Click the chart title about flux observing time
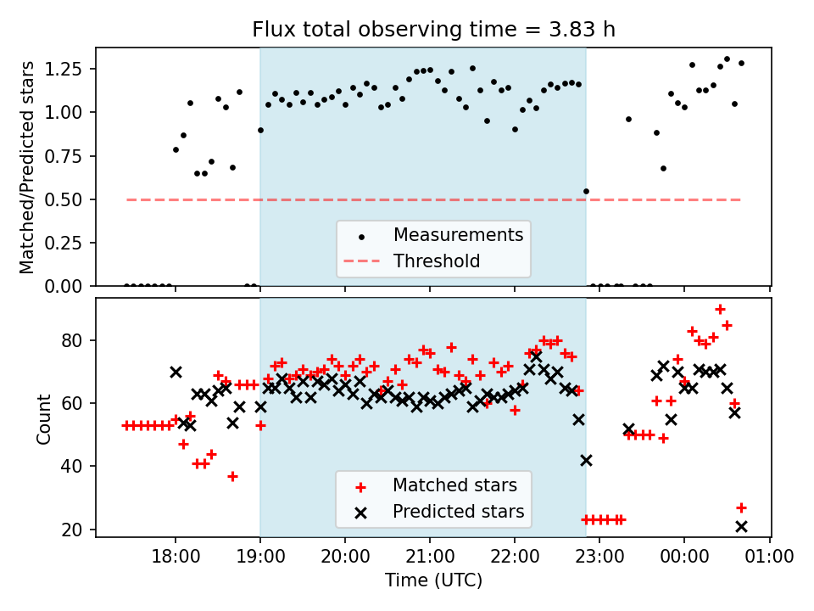pos(433,30)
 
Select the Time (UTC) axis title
pos(433,580)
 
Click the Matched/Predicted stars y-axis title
pos(28,167)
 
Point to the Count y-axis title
pos(43,418)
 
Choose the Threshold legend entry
pos(437,261)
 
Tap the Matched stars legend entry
pos(454,485)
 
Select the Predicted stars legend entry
pos(458,512)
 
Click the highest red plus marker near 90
pos(720,310)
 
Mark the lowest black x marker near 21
pos(741,526)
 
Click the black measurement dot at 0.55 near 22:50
pos(586,191)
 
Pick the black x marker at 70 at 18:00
pos(176,372)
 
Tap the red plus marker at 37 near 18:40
pos(232,476)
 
